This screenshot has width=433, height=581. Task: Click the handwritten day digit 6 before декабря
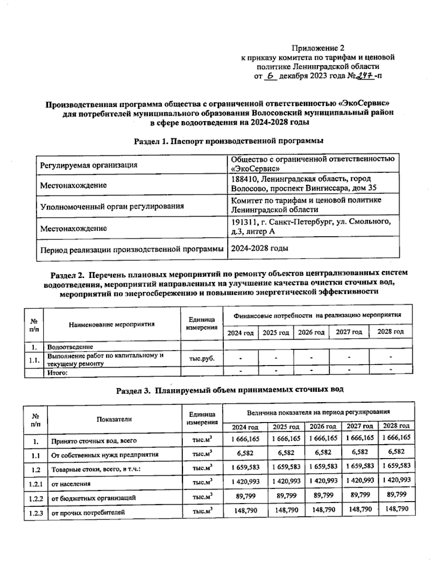tap(271, 76)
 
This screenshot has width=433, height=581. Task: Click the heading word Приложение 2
tap(318, 48)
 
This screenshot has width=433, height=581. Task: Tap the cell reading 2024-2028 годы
tap(259, 248)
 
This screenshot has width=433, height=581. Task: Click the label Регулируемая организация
tap(89, 165)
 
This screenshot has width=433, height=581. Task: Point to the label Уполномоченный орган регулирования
tap(112, 207)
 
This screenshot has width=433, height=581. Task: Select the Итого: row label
tap(58, 373)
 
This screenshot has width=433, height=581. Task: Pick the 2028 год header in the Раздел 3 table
tap(396, 426)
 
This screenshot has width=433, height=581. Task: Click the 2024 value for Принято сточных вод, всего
tap(245, 438)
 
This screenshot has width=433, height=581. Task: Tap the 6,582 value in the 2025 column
tap(287, 453)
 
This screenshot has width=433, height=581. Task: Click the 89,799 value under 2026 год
tap(324, 495)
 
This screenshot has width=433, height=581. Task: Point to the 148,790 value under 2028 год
tap(397, 509)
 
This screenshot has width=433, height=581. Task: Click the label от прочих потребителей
tap(88, 512)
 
